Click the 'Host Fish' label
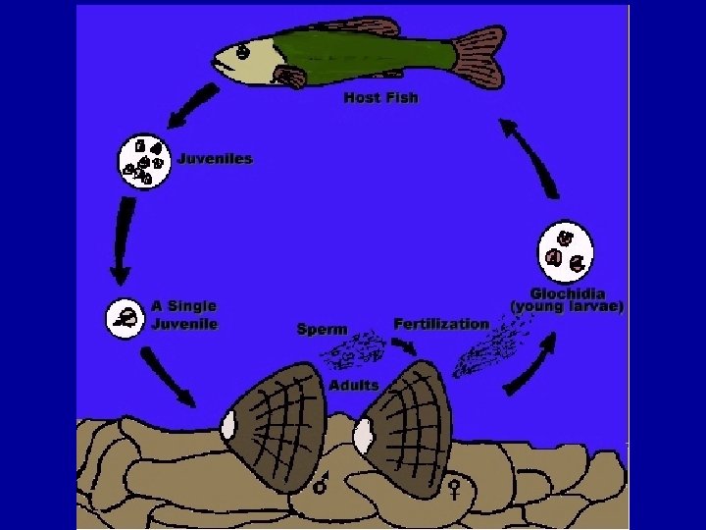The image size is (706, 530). click(x=380, y=98)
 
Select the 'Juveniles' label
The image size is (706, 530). click(x=215, y=158)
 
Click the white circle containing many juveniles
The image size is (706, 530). click(x=145, y=161)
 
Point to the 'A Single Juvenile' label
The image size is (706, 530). click(x=184, y=315)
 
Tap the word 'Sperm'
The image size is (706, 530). click(x=322, y=329)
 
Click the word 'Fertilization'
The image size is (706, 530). click(x=440, y=323)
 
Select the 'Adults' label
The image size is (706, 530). click(x=354, y=386)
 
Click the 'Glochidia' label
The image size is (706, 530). click(x=568, y=292)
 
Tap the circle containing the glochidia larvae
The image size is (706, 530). click(x=567, y=250)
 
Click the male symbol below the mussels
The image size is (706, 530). click(x=320, y=484)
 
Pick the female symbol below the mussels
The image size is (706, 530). click(x=454, y=487)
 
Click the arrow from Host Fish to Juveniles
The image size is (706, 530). click(x=194, y=105)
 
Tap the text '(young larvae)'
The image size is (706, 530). click(x=567, y=306)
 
